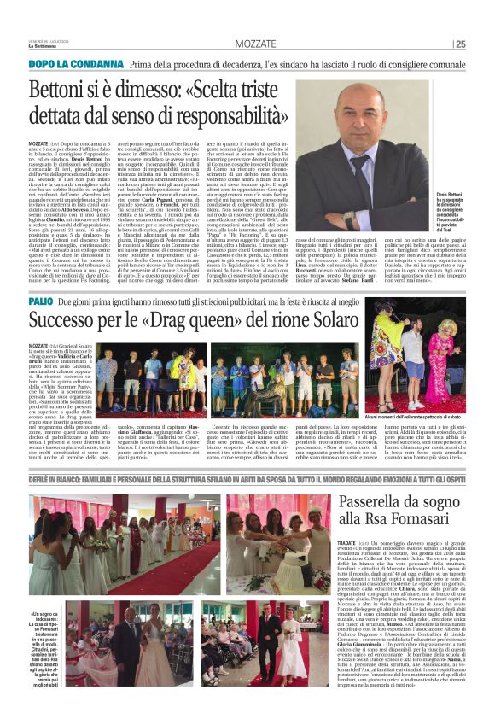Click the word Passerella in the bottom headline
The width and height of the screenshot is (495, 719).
coord(404,505)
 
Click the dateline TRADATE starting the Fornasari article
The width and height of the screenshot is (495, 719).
coord(371,541)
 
